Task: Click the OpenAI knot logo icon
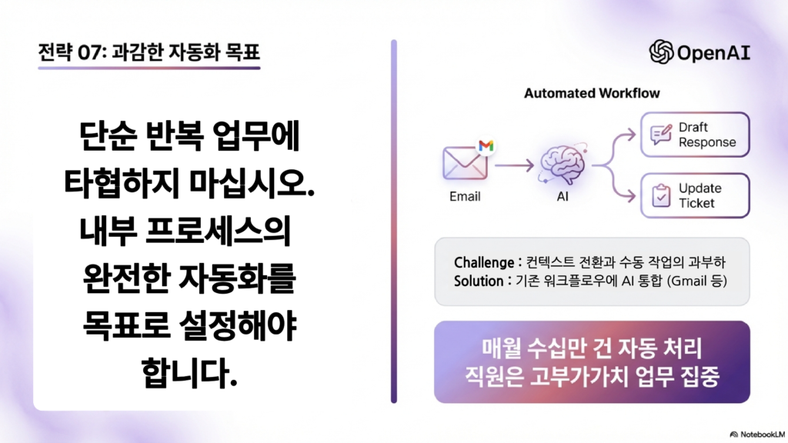661,52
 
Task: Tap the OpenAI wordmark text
713,53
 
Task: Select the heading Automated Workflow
592,93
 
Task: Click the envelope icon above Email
465,163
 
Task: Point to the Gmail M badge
486,145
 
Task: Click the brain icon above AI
563,164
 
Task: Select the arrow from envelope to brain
514,165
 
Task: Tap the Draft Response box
695,135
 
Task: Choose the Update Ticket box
695,195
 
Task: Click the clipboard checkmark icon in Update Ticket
661,195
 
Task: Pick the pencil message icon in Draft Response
661,134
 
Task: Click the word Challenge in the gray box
484,262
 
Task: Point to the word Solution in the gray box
479,281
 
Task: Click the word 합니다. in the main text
189,373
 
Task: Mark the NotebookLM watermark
757,435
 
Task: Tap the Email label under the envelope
465,196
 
